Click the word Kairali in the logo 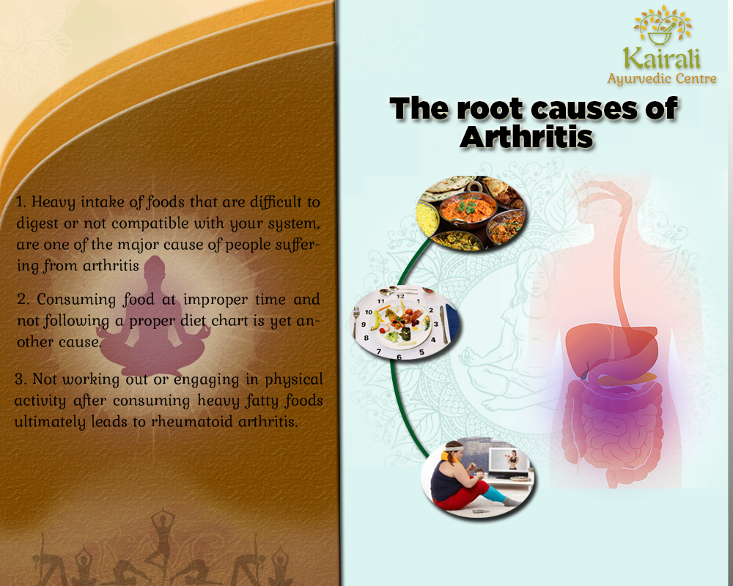[661, 59]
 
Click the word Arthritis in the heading [526, 137]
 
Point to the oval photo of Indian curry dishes [471, 212]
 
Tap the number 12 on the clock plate [401, 296]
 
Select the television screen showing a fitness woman [509, 461]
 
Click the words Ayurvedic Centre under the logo [661, 79]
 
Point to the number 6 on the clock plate [399, 357]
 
